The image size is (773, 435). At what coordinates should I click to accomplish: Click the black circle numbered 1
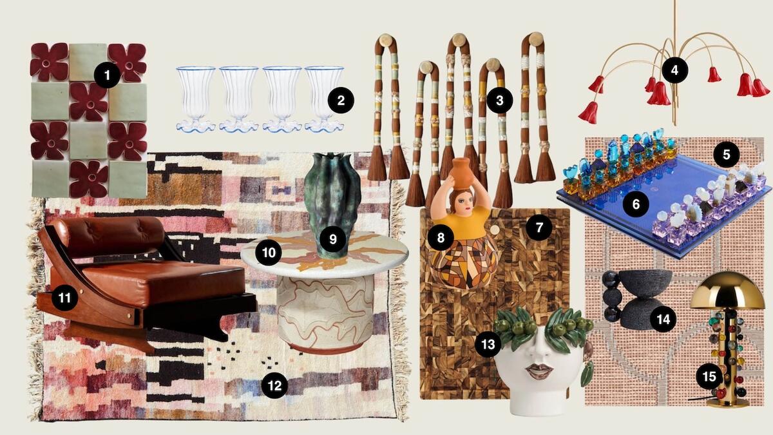(107, 77)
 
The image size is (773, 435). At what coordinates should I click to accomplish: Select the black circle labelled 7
(539, 227)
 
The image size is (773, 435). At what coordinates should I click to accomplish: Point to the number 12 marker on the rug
(274, 385)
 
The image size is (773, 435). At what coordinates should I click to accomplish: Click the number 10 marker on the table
(269, 252)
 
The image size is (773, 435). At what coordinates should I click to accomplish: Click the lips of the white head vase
(540, 372)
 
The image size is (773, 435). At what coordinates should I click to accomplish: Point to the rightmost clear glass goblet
(323, 97)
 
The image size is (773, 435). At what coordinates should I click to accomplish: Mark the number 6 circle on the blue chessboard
(636, 204)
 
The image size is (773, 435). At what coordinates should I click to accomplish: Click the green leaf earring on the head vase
(587, 374)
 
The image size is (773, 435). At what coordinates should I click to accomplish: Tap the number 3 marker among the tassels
(499, 100)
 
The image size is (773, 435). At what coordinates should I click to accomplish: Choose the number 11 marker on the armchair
(65, 298)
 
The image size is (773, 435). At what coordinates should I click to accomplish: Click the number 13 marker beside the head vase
(488, 344)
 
